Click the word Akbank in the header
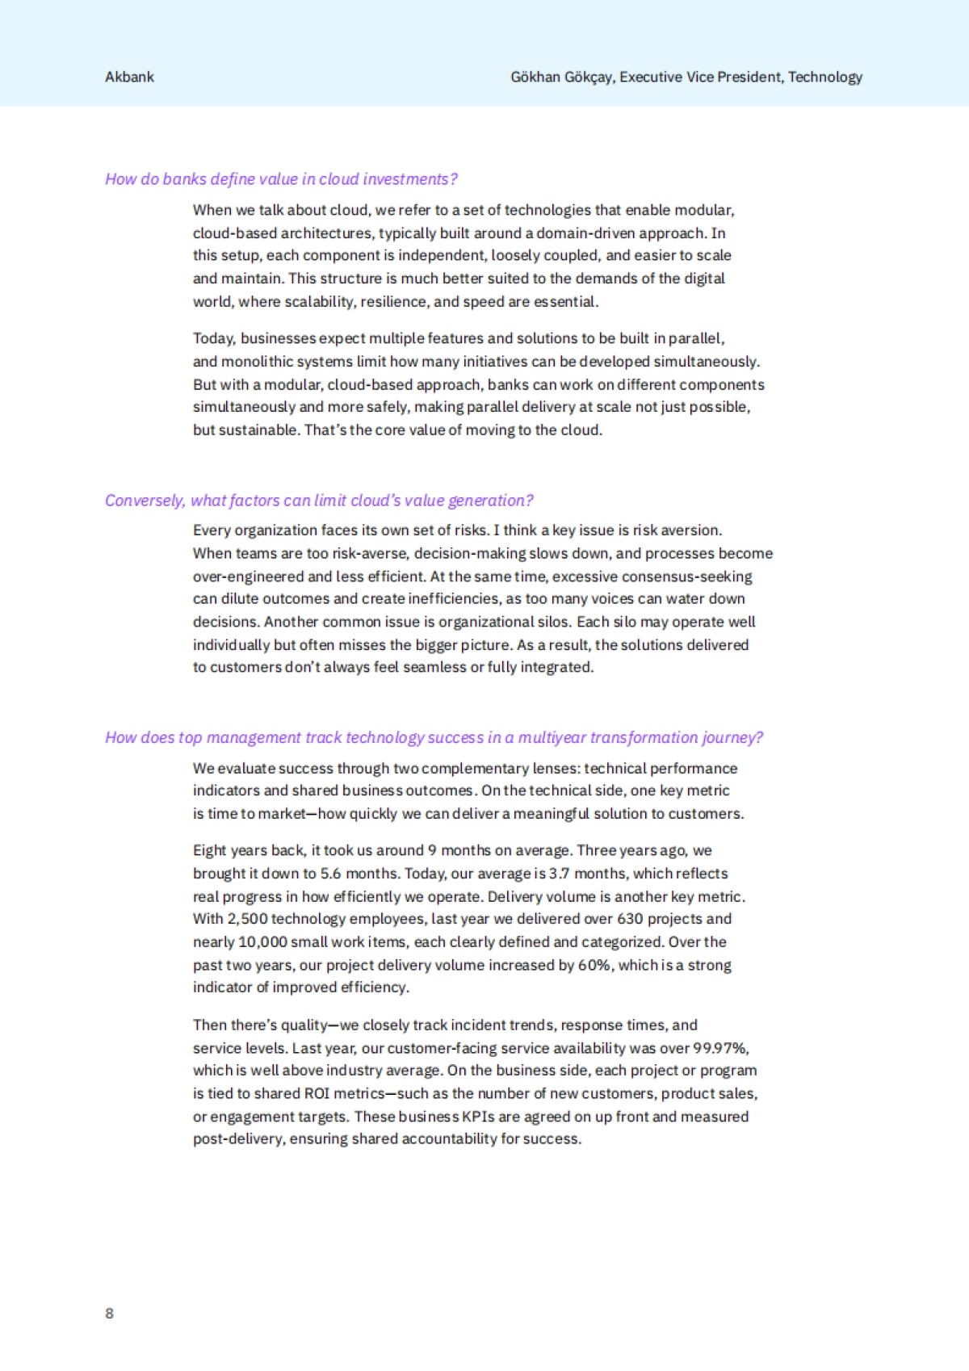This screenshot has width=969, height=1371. pos(129,77)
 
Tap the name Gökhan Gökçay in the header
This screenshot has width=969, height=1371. pos(562,77)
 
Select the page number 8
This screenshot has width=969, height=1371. pos(109,1313)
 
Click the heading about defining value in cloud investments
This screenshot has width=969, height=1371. pos(281,178)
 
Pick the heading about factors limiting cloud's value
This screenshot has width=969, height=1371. pos(319,500)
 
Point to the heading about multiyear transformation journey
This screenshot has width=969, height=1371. pos(434,737)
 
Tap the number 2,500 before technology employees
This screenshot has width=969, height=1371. pos(247,919)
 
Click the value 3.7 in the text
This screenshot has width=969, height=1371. pos(560,873)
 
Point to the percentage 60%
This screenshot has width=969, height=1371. pos(594,965)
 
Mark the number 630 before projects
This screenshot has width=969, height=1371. pos(630,919)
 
